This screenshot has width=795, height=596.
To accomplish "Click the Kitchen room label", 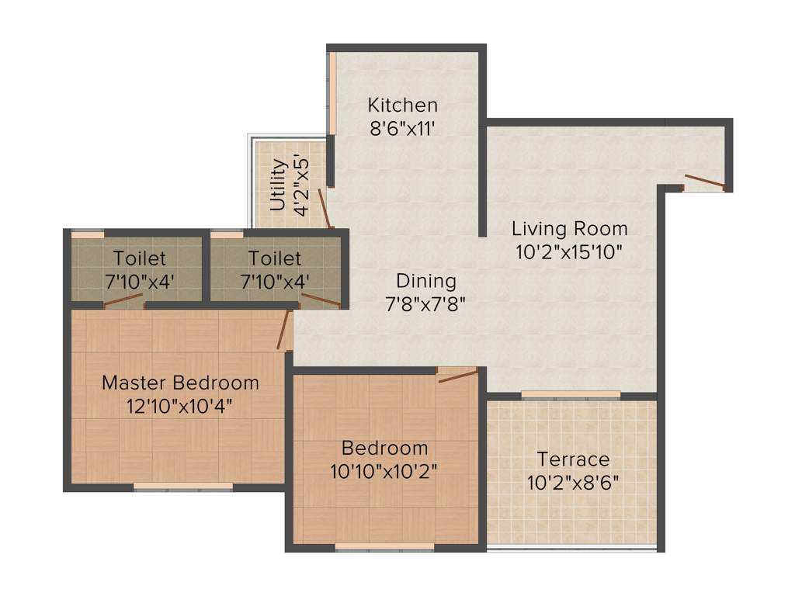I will click(402, 105).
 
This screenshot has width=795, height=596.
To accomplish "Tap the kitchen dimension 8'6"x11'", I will click(402, 127).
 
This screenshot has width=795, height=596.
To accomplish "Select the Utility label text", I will click(278, 185).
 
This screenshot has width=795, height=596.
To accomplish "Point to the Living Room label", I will click(569, 229).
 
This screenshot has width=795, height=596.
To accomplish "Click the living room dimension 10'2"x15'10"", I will click(569, 251).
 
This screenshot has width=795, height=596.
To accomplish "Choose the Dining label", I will click(426, 281).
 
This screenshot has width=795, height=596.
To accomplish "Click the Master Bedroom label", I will click(180, 383).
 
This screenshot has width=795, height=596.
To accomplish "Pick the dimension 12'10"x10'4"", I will click(180, 405).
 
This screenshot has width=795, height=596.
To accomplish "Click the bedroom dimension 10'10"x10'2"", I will click(384, 471).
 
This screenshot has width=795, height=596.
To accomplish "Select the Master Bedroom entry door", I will click(285, 328).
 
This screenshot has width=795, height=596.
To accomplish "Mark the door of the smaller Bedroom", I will click(457, 376).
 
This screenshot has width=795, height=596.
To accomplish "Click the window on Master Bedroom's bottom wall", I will click(182, 487).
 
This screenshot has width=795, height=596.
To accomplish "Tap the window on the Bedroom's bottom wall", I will click(384, 548).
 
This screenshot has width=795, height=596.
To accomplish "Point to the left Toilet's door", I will click(123, 301).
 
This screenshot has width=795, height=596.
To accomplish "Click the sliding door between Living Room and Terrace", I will click(571, 395).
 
